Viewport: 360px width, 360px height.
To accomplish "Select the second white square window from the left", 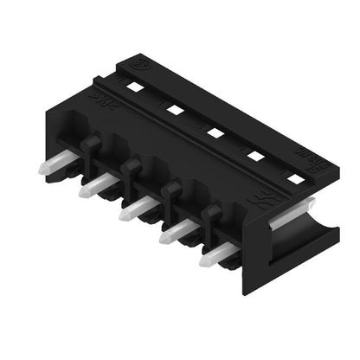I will point(174,109).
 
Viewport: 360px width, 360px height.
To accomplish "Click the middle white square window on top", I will point(213,132).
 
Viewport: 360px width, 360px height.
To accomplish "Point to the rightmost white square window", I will point(295,179).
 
